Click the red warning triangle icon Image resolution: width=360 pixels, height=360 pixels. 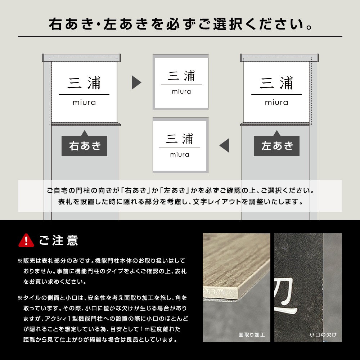click(x=26, y=240)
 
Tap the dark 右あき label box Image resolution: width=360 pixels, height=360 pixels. click(x=84, y=146)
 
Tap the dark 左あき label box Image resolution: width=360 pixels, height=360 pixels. click(x=276, y=146)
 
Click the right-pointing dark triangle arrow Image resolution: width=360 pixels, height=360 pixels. click(x=136, y=82)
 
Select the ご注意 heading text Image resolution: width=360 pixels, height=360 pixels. click(x=58, y=240)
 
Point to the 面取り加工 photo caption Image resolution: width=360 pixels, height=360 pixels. click(x=252, y=335)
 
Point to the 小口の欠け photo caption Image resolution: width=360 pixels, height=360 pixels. click(x=323, y=335)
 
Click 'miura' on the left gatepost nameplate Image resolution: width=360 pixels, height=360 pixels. click(x=84, y=102)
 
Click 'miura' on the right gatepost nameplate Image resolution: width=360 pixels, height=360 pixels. click(x=276, y=102)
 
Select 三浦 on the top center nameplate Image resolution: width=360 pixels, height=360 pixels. click(x=181, y=76)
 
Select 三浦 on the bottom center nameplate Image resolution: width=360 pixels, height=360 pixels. click(x=180, y=139)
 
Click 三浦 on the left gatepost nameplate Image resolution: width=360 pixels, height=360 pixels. click(x=84, y=84)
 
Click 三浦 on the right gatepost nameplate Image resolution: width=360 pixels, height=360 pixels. click(x=276, y=84)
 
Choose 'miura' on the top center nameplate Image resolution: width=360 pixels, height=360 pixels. click(x=181, y=91)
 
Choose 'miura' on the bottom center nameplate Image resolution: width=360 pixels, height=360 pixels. click(x=180, y=154)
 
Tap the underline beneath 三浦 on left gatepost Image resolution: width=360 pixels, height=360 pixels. click(x=84, y=94)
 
